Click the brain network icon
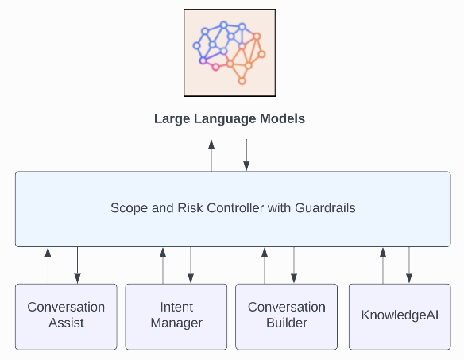pyautogui.click(x=230, y=52)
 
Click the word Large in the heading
pyautogui.click(x=172, y=119)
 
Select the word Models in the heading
pyautogui.click(x=282, y=118)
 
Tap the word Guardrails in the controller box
pyautogui.click(x=325, y=208)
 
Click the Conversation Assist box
pyautogui.click(x=66, y=317)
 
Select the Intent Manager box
pyautogui.click(x=176, y=317)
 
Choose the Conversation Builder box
pyautogui.click(x=287, y=317)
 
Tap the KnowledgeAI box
pyautogui.click(x=400, y=317)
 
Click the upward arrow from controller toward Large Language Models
pyautogui.click(x=211, y=156)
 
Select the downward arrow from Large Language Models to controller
pyautogui.click(x=246, y=155)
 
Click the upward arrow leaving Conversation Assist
pyautogui.click(x=48, y=266)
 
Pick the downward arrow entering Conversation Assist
pyautogui.click(x=78, y=265)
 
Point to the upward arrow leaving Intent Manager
pyautogui.click(x=163, y=266)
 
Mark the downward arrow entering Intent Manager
pyautogui.click(x=191, y=265)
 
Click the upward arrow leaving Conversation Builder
pyautogui.click(x=265, y=266)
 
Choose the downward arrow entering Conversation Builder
pyautogui.click(x=294, y=265)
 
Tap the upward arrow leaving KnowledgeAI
pyautogui.click(x=383, y=266)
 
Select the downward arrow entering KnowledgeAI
pyautogui.click(x=409, y=265)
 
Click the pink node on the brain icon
pyautogui.click(x=216, y=67)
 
